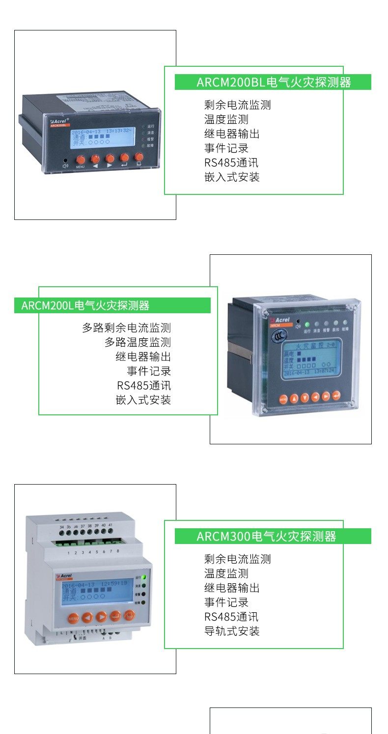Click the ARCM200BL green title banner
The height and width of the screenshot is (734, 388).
273,82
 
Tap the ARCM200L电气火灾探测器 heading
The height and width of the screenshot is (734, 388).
112,305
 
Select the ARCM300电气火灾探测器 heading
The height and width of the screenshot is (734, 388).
273,536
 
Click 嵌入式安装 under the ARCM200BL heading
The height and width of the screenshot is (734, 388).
232,177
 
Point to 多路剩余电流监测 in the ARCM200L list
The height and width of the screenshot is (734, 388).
126,327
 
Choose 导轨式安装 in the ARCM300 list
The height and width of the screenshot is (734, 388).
232,631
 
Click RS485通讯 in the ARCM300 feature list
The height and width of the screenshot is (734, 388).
231,617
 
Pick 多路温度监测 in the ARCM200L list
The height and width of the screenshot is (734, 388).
138,342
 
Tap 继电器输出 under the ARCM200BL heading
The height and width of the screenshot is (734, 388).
232,134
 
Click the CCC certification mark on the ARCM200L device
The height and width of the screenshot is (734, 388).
278,336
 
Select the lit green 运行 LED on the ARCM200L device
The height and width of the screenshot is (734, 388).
307,324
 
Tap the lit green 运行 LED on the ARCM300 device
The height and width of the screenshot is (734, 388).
143,577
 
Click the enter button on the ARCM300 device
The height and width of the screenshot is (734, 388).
115,616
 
